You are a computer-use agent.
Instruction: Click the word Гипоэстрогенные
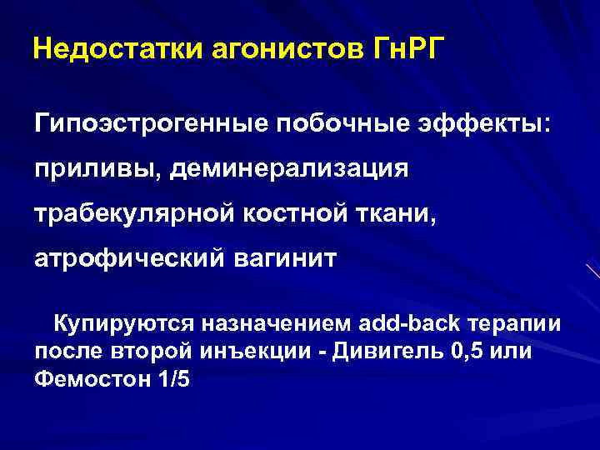tap(150, 125)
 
